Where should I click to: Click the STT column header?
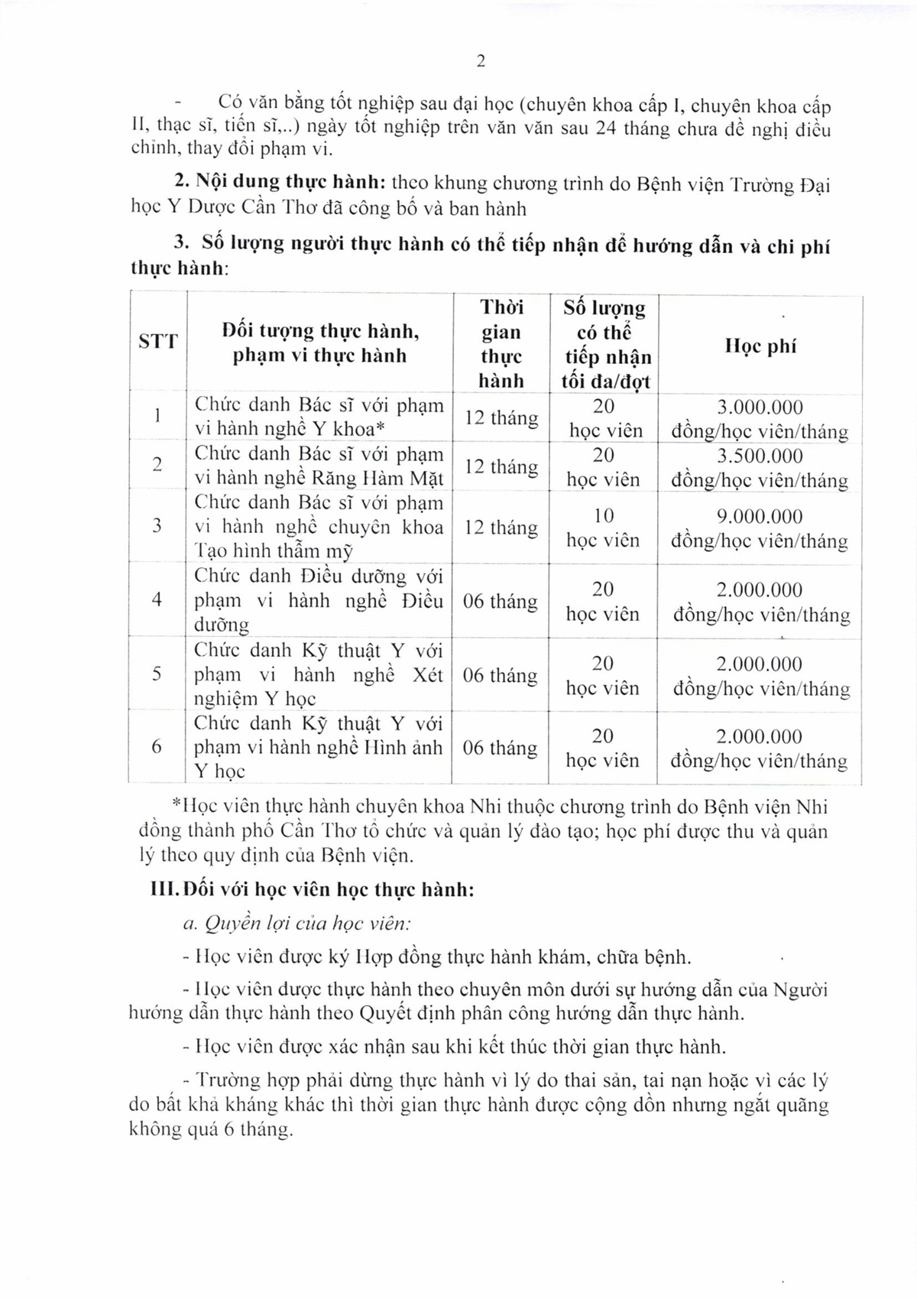(x=158, y=341)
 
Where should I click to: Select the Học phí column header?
(x=760, y=346)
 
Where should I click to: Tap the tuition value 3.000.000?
(x=760, y=408)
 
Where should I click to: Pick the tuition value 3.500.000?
(x=760, y=456)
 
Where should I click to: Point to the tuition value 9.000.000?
(x=760, y=517)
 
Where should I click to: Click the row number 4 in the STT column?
(x=157, y=599)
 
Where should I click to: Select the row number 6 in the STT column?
(x=157, y=747)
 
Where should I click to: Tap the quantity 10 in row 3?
(x=603, y=516)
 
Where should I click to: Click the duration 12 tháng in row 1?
(x=501, y=418)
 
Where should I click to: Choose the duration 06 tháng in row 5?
(x=501, y=675)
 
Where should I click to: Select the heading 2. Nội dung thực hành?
(x=279, y=183)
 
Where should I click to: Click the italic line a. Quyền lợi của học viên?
(x=297, y=924)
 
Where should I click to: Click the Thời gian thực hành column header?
(x=501, y=344)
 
